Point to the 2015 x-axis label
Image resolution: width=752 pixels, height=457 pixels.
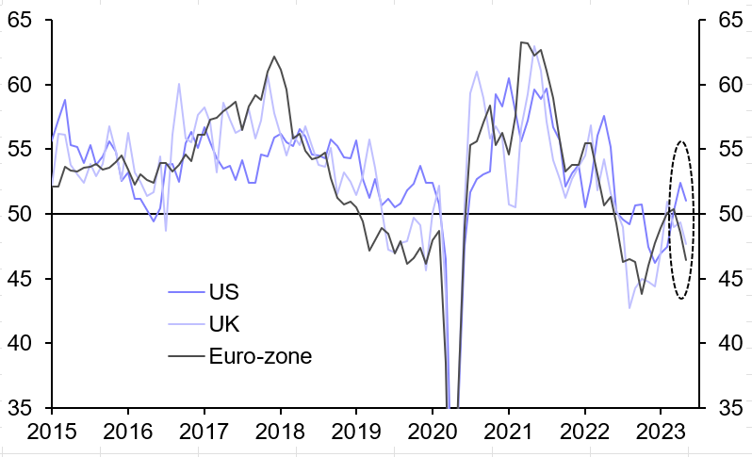click(x=53, y=434)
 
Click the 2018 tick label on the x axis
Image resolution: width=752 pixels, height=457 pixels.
click(x=281, y=434)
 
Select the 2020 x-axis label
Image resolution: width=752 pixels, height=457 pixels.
click(x=433, y=434)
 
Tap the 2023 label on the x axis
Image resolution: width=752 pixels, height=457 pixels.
click(x=661, y=434)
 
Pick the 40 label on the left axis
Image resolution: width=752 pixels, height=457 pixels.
click(x=24, y=343)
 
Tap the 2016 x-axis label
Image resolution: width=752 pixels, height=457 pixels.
click(x=129, y=434)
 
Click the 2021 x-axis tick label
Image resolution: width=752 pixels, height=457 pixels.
click(x=509, y=434)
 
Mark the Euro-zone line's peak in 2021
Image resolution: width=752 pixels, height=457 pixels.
click(x=523, y=42)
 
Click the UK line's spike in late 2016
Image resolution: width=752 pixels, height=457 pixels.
click(x=179, y=84)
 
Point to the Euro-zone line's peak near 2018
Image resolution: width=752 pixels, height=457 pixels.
click(x=274, y=57)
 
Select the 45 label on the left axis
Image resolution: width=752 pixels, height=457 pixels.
click(x=24, y=279)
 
